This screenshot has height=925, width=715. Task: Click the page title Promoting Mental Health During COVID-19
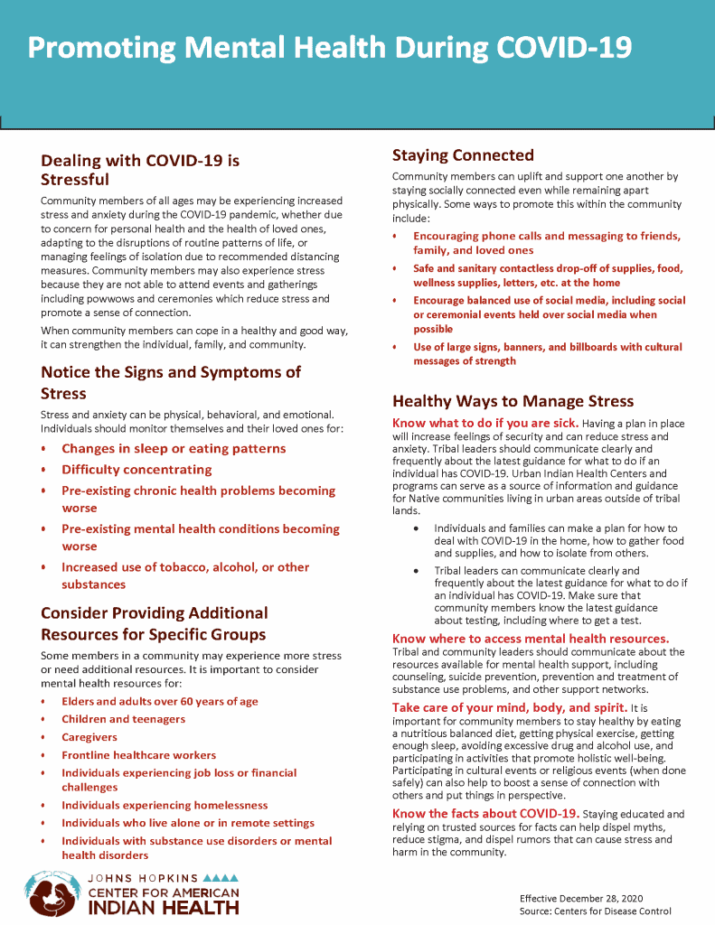[329, 47]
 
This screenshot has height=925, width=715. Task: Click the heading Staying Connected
[463, 155]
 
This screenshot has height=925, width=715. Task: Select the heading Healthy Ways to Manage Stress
[513, 401]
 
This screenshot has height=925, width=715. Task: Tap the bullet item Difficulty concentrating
[136, 470]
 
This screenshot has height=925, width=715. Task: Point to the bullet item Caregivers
[83, 737]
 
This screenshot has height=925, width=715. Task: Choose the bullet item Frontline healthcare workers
[138, 755]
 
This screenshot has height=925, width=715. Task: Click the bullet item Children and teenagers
[123, 719]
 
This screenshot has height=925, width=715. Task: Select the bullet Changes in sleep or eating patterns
[174, 449]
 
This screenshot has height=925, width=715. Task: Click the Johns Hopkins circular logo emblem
[51, 893]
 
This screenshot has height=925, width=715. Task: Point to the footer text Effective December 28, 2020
[580, 898]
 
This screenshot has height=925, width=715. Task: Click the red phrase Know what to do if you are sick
[485, 423]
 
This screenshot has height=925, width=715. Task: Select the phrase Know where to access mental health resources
[531, 639]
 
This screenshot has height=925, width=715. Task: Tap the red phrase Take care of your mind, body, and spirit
[507, 707]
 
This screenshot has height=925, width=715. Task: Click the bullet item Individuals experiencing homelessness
[165, 805]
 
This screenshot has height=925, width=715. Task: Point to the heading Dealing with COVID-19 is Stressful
[140, 170]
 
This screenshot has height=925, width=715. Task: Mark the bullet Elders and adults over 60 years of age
[160, 701]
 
